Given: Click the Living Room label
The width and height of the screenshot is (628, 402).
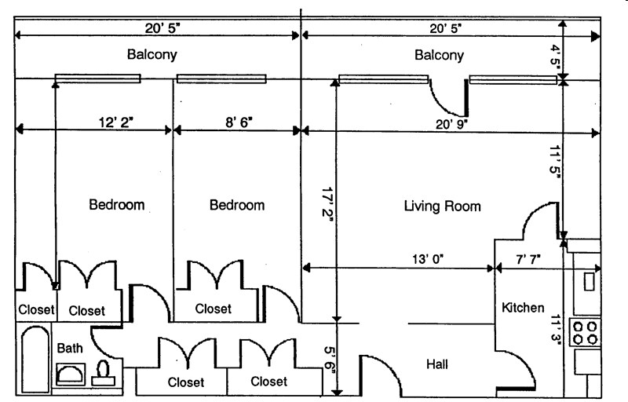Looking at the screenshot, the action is tap(442, 206).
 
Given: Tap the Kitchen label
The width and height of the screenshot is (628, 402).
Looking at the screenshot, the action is tap(523, 308).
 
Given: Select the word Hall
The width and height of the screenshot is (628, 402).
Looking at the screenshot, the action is tap(437, 364).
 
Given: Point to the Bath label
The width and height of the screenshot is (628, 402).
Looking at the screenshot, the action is tap(70, 348).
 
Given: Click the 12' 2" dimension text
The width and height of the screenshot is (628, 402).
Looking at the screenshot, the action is tap(115, 122).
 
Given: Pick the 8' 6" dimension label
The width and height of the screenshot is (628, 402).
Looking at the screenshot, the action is tap(239, 122).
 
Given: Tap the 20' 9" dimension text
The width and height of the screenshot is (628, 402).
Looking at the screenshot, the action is tap(451, 124).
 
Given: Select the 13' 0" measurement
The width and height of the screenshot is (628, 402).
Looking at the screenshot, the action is tap(428, 259).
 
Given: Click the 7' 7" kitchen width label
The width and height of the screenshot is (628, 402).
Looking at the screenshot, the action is tap(528, 259).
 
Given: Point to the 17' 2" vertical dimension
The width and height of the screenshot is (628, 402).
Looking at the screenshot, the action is tap(329, 202).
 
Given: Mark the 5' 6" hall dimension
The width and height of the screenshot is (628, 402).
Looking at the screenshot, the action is tap(330, 360).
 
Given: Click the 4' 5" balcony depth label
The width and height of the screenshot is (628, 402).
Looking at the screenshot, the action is tap(556, 57).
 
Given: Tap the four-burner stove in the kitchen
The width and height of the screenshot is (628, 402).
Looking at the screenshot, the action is tap(585, 333).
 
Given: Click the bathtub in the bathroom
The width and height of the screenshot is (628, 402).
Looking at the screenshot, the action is tap(35, 360).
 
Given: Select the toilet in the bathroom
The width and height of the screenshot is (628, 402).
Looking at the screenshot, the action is tap(103, 373).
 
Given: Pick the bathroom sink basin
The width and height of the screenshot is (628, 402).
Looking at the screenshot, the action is tap(71, 375).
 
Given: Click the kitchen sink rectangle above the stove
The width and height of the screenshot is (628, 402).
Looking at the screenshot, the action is tap(590, 281).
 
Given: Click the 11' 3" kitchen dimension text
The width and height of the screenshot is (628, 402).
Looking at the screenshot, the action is tap(556, 329).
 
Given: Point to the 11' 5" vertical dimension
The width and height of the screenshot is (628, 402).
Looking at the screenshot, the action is tap(555, 160).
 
